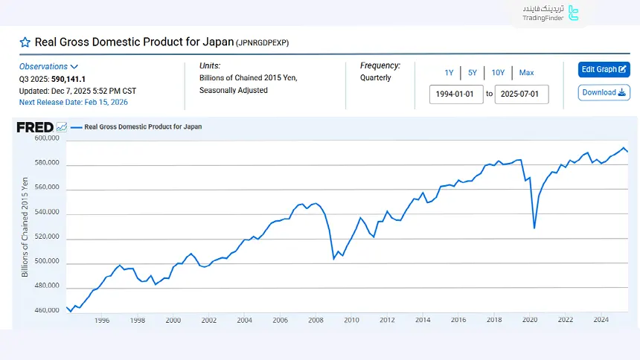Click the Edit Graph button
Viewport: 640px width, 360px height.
(604, 69)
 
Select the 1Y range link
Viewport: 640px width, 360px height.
(449, 72)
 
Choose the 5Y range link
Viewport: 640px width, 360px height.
(473, 72)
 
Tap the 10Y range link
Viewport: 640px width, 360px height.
(498, 72)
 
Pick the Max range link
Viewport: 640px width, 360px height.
(526, 72)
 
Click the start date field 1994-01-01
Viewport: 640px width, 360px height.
(455, 94)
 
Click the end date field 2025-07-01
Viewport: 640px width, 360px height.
(521, 94)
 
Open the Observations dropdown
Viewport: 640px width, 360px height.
(49, 66)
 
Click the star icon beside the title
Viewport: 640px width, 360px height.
(25, 42)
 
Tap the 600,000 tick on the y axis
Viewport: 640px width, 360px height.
(46, 138)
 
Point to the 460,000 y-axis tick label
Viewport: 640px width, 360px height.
(46, 310)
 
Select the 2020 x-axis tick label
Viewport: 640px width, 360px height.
(529, 320)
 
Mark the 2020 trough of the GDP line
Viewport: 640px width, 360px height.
(534, 228)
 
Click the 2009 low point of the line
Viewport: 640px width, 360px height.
(333, 259)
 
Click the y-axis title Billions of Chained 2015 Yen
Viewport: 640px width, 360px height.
(25, 227)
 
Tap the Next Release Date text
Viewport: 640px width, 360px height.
(74, 102)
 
